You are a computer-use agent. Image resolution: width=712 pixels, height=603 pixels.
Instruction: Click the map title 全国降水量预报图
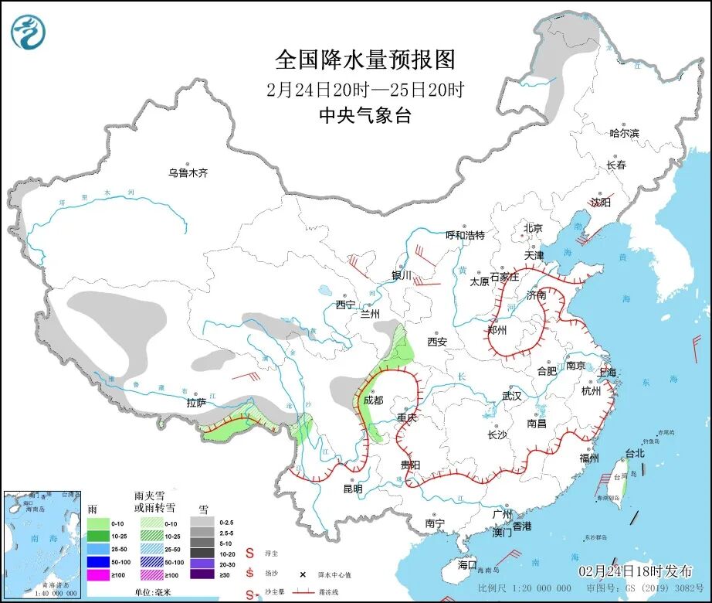pos(365,60)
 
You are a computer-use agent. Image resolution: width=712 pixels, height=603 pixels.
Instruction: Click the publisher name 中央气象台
pos(365,116)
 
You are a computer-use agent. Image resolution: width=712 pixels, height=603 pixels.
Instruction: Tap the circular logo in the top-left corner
pos(29,32)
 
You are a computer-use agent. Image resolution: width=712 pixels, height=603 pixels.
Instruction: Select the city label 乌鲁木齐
pos(188,173)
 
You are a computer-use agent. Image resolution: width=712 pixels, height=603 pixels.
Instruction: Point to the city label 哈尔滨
pos(624,134)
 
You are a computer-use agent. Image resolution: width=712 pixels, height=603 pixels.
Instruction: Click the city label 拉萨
pos(196,402)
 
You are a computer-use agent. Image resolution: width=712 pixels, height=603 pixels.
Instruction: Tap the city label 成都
pos(373,400)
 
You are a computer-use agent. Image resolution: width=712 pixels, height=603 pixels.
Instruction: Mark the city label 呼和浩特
pos(465,235)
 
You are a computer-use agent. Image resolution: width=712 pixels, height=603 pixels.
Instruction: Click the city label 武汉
pos(512,396)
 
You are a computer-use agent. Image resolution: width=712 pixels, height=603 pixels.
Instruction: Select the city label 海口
pos(467,564)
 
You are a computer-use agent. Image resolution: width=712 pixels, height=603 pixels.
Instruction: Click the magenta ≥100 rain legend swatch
pos(97,574)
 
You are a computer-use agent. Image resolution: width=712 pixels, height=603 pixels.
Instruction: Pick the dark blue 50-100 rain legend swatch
pos(97,563)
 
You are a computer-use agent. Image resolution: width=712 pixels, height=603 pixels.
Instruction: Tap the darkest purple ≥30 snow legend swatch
pos(203,574)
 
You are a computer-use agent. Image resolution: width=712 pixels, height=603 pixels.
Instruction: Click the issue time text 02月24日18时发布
pos(636,571)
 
